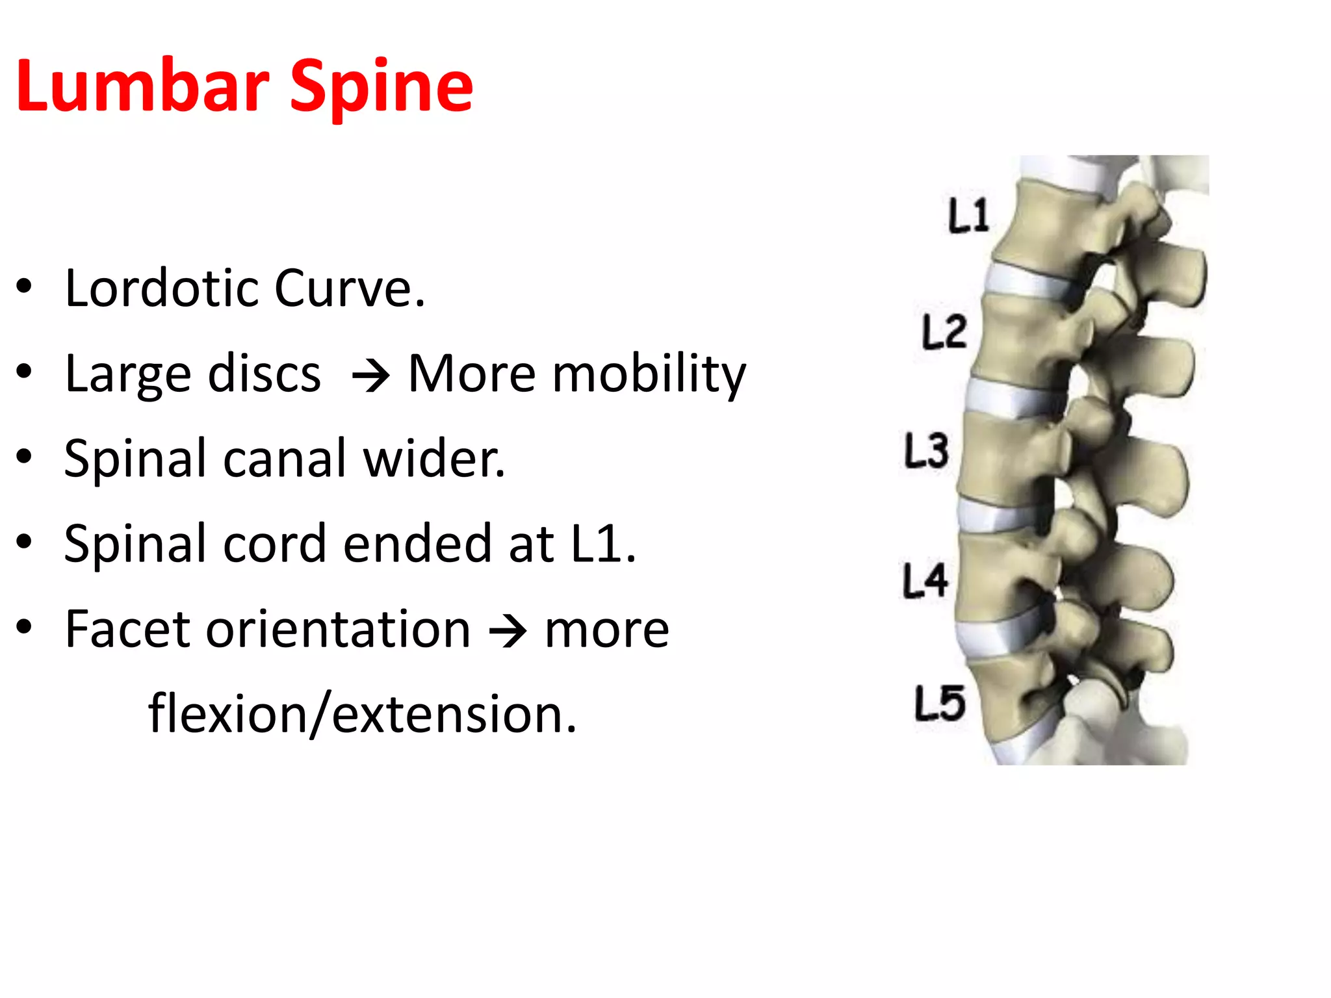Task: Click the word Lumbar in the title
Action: tap(142, 86)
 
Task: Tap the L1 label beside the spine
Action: tap(968, 216)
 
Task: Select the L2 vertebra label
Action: tap(944, 332)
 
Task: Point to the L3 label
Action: tap(926, 451)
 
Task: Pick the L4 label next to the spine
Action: tap(925, 580)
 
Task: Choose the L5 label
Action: tap(939, 704)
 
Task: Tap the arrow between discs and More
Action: tap(370, 376)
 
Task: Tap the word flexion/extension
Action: tap(362, 714)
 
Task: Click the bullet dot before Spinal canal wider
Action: tap(24, 457)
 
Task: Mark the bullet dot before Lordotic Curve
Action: tap(24, 287)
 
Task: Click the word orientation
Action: tap(339, 629)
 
